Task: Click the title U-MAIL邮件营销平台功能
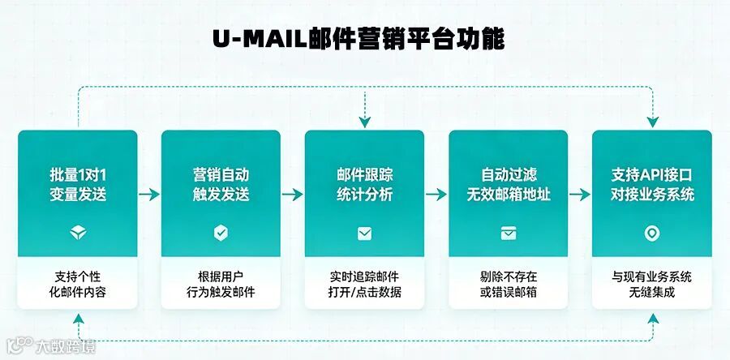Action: tap(365, 39)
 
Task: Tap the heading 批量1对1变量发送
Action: tap(78, 185)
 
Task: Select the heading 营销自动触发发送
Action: tap(221, 185)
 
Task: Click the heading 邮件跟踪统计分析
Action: tap(365, 185)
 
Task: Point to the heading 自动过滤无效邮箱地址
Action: tap(509, 185)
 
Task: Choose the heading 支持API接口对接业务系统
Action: tap(652, 185)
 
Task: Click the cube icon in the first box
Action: tap(78, 234)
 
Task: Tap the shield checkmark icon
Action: tap(221, 234)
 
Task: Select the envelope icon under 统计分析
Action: tap(365, 234)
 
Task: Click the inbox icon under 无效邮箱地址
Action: tap(509, 234)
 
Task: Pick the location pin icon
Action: tap(652, 234)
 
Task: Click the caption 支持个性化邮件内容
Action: tap(78, 285)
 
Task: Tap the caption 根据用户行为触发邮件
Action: tap(221, 285)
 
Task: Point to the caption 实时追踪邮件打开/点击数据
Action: tap(365, 285)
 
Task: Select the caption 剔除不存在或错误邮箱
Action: tap(509, 285)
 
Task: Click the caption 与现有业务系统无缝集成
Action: tap(652, 285)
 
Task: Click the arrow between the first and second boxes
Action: tap(149, 195)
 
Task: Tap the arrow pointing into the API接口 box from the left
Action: tap(579, 195)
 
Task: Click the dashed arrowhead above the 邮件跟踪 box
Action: tap(365, 122)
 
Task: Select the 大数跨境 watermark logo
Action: tap(49, 347)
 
